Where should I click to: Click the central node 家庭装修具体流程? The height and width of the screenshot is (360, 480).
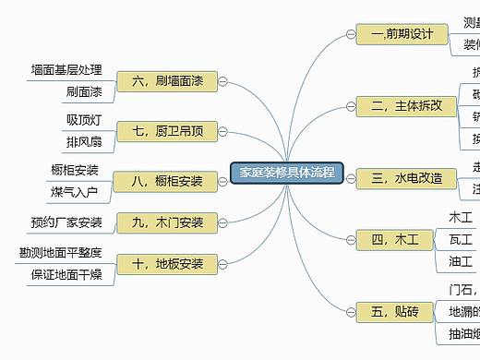pyautogui.click(x=286, y=173)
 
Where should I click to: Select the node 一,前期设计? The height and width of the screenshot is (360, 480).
pyautogui.click(x=402, y=34)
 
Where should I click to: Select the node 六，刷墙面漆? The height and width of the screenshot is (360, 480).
pyautogui.click(x=167, y=82)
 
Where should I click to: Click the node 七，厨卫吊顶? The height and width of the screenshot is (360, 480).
pyautogui.click(x=167, y=132)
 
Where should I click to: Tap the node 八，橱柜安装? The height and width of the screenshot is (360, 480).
pyautogui.click(x=167, y=181)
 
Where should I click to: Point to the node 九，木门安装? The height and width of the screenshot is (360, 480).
pyautogui.click(x=167, y=222)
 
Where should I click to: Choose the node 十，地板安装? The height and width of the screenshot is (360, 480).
pyautogui.click(x=167, y=264)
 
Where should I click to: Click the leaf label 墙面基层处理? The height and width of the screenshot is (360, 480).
pyautogui.click(x=66, y=70)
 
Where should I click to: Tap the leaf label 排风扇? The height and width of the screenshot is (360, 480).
pyautogui.click(x=83, y=142)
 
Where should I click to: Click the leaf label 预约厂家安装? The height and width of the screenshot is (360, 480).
pyautogui.click(x=66, y=222)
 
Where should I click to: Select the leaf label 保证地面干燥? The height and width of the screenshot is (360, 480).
pyautogui.click(x=66, y=274)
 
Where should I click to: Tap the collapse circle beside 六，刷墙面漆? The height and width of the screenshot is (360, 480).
pyautogui.click(x=223, y=82)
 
